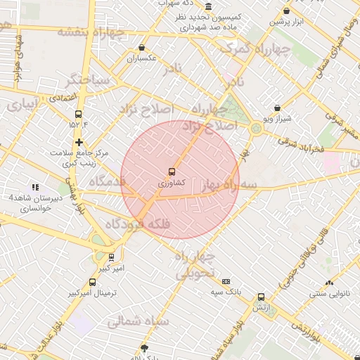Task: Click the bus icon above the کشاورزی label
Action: click(x=172, y=172)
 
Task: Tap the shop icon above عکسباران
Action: click(x=142, y=49)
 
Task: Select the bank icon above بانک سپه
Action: click(x=225, y=281)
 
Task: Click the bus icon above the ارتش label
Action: click(x=261, y=297)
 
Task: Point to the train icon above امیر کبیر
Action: click(x=112, y=257)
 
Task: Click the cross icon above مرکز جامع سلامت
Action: click(x=79, y=142)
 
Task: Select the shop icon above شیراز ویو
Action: click(x=278, y=108)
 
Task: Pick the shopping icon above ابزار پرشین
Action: click(x=286, y=11)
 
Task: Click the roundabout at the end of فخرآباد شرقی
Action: click(x=255, y=127)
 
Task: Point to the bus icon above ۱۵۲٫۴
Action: click(x=77, y=113)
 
